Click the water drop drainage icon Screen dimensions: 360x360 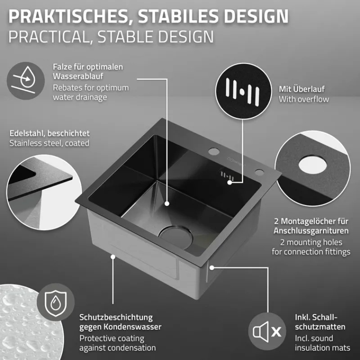[x=26, y=81]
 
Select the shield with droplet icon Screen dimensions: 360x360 [x=55, y=302]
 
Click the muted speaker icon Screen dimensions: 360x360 [x=267, y=331]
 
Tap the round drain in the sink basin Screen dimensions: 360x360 [x=175, y=238]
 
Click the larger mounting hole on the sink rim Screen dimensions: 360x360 [x=214, y=151]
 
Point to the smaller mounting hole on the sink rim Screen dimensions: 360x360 [x=260, y=172]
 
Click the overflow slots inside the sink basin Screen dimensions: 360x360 [x=227, y=176]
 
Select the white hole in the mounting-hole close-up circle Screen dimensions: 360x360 [x=312, y=165]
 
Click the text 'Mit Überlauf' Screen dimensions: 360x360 [x=301, y=89]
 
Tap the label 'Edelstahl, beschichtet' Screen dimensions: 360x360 [x=49, y=133]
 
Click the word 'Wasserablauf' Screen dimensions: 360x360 [x=78, y=76]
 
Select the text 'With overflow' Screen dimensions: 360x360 [x=304, y=99]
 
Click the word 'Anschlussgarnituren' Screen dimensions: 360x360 [x=311, y=230]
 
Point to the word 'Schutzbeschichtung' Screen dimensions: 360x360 [x=116, y=318]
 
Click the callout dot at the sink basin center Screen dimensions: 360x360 [x=167, y=203]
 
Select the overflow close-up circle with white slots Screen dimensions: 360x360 [x=243, y=91]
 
